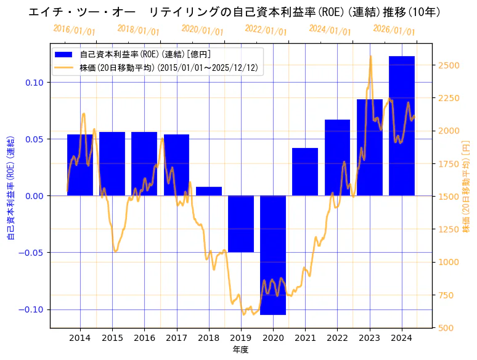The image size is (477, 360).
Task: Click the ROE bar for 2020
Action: [x=273, y=255]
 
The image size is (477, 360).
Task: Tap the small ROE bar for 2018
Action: [x=209, y=191]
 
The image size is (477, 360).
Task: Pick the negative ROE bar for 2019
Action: [x=241, y=224]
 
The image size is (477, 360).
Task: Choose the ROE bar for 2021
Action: [x=305, y=172]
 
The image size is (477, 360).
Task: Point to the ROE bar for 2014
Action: [x=80, y=165]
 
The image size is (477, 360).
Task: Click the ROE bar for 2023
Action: [x=370, y=147]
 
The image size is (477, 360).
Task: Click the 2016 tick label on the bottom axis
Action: [x=144, y=338]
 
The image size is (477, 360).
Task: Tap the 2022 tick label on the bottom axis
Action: [x=337, y=338]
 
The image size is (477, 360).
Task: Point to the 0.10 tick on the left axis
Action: [x=36, y=83]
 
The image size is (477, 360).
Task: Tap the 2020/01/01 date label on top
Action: [x=203, y=30]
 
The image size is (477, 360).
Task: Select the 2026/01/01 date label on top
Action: [x=394, y=30]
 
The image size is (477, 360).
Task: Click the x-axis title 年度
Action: [x=240, y=350]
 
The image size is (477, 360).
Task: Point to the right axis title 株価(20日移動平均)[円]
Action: [x=467, y=186]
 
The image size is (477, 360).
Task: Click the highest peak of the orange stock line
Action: [x=370, y=57]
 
